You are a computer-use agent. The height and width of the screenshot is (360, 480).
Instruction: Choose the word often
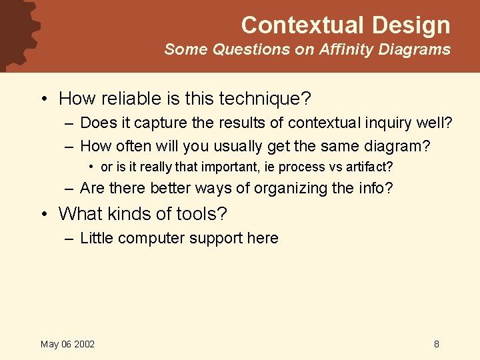136,145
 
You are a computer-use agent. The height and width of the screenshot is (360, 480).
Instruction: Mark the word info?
377,189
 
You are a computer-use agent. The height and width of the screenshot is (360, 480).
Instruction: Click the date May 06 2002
67,344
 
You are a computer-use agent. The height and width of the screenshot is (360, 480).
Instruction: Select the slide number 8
436,344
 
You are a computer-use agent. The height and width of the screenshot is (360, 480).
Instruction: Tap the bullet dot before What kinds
43,215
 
